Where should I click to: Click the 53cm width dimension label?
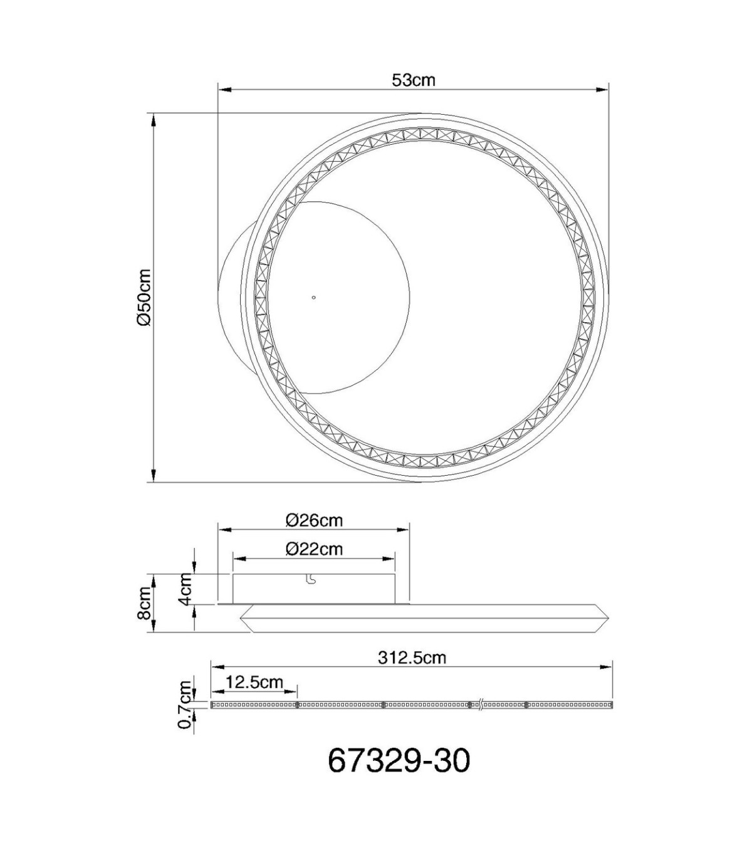coord(414,80)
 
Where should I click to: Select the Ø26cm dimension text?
coord(314,521)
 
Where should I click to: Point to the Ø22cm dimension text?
coord(314,549)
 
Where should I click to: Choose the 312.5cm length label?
coord(412,658)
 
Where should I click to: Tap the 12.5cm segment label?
coord(254,682)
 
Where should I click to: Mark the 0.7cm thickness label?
coord(185,711)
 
